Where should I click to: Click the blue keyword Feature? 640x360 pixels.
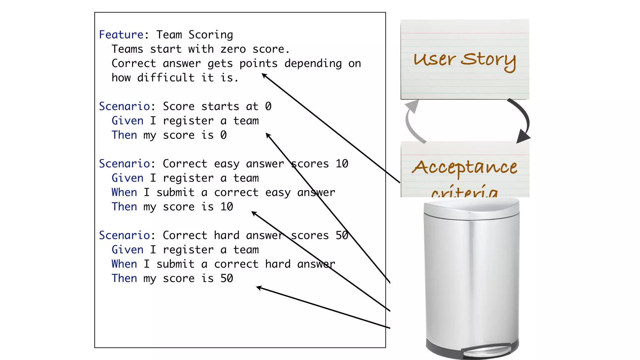[121, 35]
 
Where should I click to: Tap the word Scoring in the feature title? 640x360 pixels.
[211, 35]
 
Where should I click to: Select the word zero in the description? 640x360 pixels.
[233, 49]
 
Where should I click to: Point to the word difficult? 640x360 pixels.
[166, 78]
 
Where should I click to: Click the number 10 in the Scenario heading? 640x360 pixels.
[342, 164]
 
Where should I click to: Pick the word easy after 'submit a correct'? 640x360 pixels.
[278, 192]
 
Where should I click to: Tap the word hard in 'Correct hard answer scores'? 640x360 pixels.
[227, 235]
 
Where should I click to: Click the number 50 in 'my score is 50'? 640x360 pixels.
[227, 278]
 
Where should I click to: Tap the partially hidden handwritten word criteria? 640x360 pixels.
[464, 191]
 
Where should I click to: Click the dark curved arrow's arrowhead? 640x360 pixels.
[522, 136]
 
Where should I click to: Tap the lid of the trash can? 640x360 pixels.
[471, 209]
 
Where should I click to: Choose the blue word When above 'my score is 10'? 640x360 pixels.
[124, 192]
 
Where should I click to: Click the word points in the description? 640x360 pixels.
[258, 63]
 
